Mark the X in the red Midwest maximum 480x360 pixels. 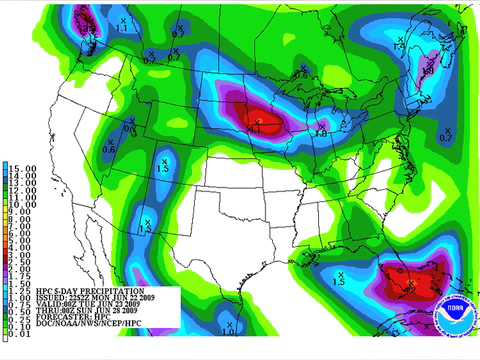point(258,120)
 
